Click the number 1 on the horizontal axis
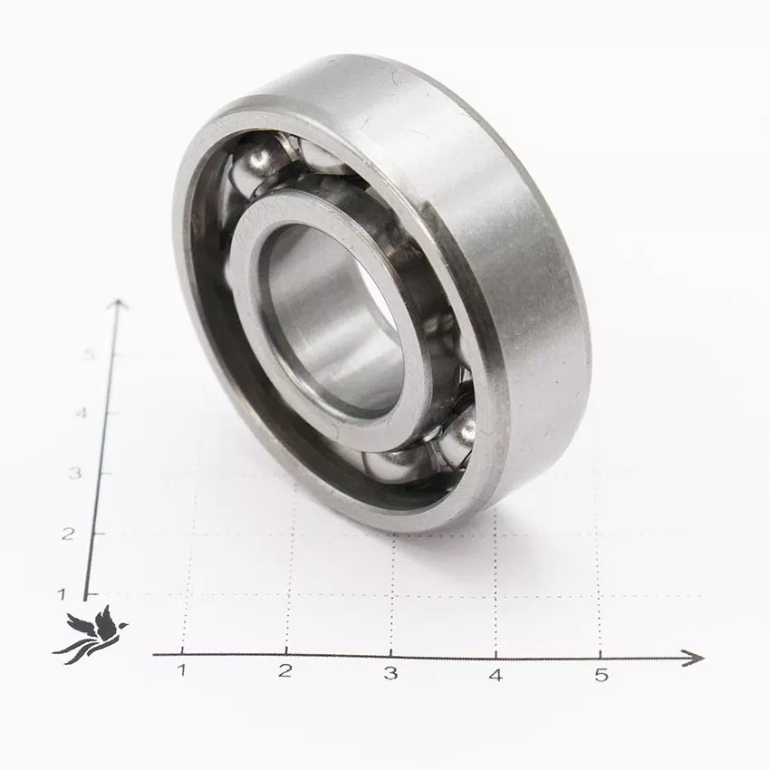[182, 669]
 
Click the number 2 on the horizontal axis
[285, 670]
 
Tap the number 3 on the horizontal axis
[390, 673]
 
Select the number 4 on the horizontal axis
[496, 675]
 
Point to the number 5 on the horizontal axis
[602, 675]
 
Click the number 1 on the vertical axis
[62, 594]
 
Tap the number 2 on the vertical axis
[68, 534]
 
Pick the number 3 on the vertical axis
[74, 474]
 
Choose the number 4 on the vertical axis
[82, 413]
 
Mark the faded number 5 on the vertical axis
[89, 353]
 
